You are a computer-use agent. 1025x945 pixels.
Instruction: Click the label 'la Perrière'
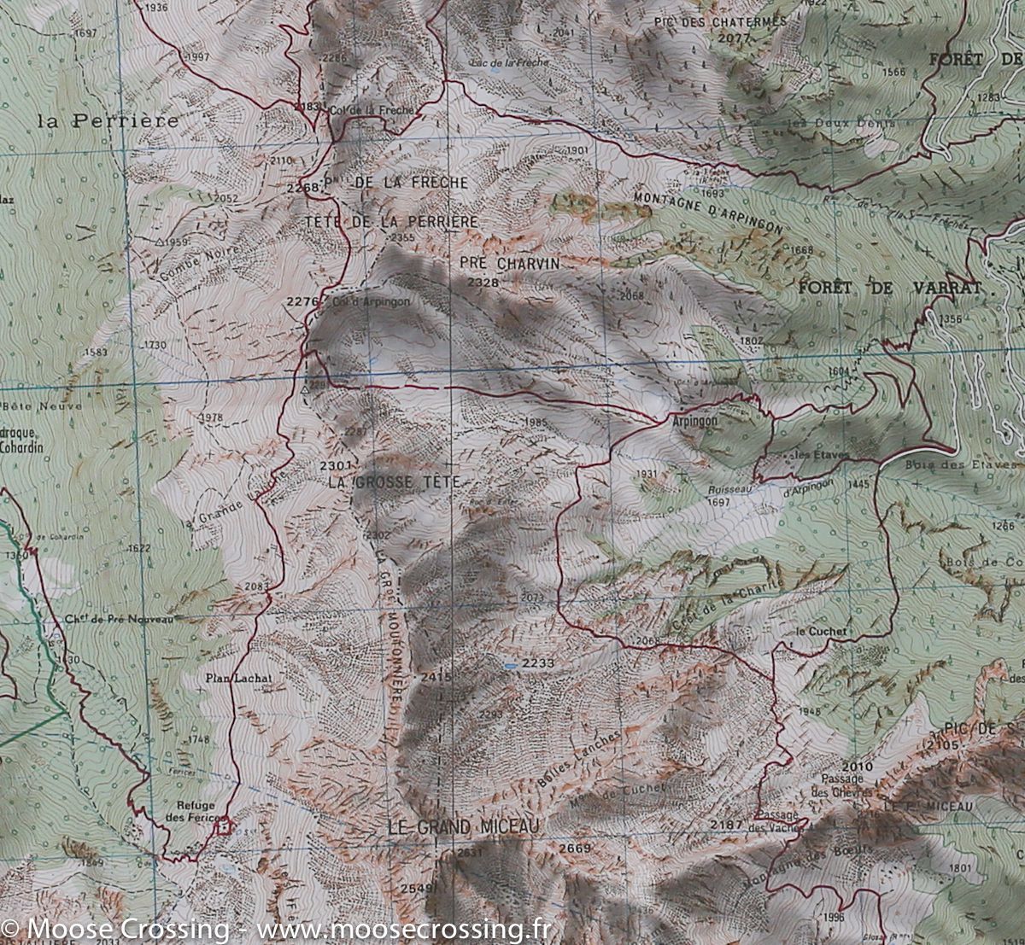(x=109, y=120)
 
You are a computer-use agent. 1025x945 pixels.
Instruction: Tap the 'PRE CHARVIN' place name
(x=509, y=264)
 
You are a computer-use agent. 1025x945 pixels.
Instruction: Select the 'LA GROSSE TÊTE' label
(x=395, y=482)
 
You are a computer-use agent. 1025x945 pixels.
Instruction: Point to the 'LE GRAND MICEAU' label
(x=464, y=826)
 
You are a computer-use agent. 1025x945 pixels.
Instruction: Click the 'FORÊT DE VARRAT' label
(x=897, y=288)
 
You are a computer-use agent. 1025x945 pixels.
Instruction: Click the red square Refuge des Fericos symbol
(x=224, y=826)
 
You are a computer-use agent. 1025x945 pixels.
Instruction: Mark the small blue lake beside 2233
(x=510, y=664)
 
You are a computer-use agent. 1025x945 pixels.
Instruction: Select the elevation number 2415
(x=435, y=677)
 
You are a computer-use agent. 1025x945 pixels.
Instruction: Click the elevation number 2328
(x=483, y=283)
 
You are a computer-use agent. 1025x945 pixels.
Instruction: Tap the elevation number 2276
(x=302, y=301)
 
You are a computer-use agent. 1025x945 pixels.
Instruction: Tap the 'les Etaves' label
(x=819, y=454)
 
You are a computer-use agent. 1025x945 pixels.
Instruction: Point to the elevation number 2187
(x=726, y=824)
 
